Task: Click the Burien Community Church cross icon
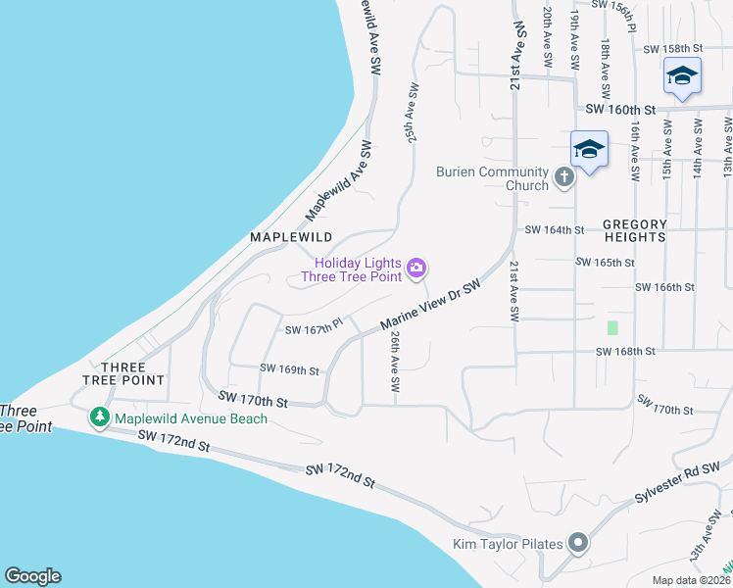(563, 177)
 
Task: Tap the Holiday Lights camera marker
(416, 268)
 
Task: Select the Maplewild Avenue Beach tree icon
(99, 418)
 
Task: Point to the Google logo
(32, 576)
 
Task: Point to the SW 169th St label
(290, 369)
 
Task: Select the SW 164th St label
(555, 230)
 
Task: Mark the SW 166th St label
(664, 287)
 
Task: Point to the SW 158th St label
(673, 48)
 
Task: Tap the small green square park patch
(613, 327)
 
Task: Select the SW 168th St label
(624, 351)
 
